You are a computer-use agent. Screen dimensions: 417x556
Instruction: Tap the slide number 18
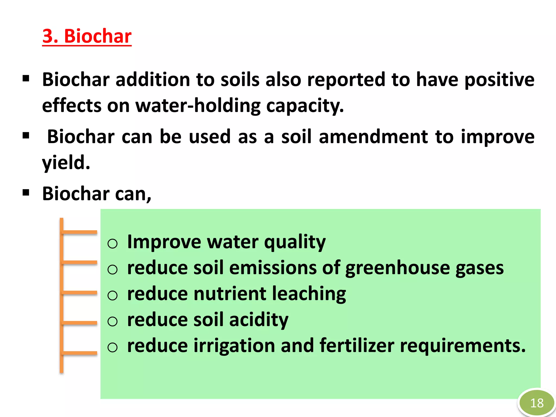[537, 403]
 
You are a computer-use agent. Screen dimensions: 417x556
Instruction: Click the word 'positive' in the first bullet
[499, 80]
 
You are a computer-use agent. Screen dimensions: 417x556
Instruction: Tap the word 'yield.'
[66, 163]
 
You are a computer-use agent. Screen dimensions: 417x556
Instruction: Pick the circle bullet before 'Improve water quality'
[112, 244]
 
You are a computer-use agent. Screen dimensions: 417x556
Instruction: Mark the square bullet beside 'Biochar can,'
[26, 193]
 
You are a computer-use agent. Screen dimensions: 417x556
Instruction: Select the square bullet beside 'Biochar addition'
[26, 79]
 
